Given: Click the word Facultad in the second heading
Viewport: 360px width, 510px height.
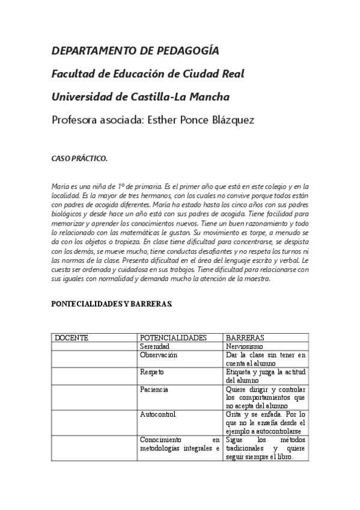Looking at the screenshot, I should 73,73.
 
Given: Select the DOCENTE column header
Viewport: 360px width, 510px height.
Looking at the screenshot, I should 72,338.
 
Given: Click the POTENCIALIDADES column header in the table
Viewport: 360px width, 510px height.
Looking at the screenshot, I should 173,338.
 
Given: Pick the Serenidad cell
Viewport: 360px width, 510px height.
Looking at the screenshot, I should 155,347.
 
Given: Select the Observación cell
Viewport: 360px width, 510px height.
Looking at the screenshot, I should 159,355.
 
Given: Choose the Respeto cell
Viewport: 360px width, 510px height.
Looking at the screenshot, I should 152,372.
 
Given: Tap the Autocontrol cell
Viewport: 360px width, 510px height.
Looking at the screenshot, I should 157,414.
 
